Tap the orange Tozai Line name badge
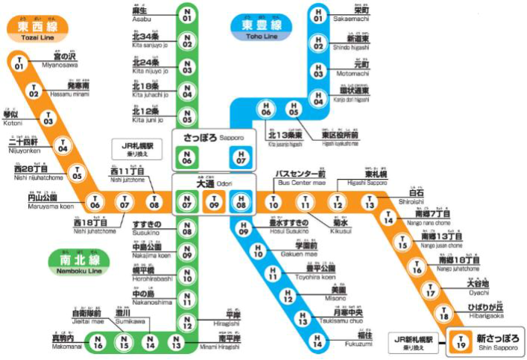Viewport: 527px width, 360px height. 37,28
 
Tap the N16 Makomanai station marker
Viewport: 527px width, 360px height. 98,344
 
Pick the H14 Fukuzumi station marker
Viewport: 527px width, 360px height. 318,343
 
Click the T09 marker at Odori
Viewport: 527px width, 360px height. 214,201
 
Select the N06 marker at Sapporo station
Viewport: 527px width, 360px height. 188,157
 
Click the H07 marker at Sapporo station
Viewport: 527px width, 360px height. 240,157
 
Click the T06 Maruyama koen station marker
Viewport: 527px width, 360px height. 95,201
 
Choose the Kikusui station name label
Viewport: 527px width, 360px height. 341,223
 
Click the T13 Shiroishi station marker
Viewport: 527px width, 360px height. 370,201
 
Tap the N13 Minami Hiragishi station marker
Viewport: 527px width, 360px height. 176,344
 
